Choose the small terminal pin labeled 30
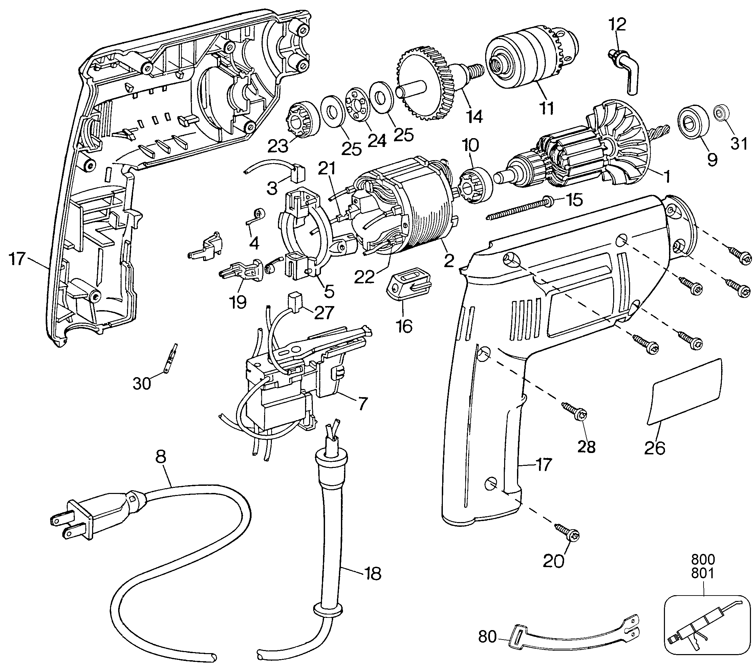[x=171, y=357]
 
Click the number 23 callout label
[x=278, y=147]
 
